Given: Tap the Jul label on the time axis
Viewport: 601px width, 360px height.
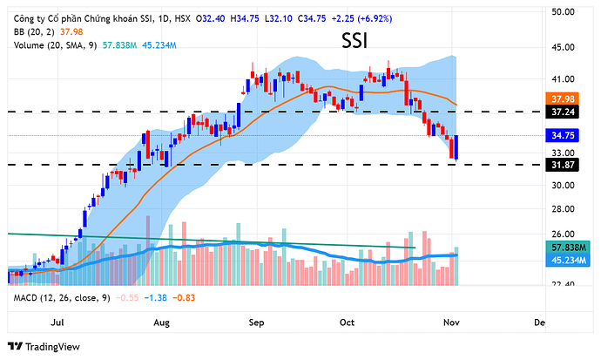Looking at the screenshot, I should [x=58, y=323].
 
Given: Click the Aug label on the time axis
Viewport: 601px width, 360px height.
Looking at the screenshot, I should [x=160, y=323].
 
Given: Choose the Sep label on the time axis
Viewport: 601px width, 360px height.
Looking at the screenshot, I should [x=256, y=323].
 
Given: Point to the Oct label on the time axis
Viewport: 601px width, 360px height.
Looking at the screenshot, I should [x=348, y=323].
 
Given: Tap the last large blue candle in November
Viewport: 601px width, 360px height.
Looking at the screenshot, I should [x=456, y=146].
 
